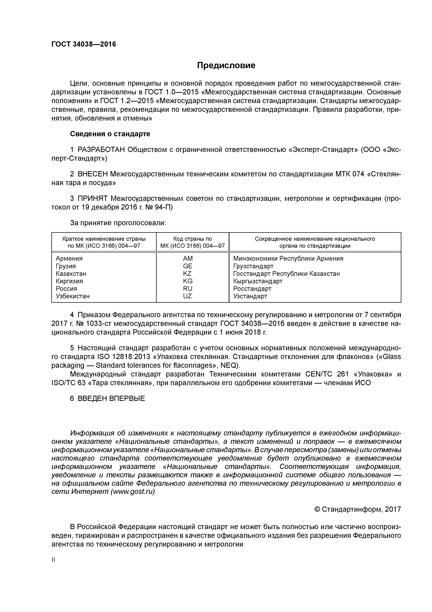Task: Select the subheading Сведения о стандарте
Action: pos(110,134)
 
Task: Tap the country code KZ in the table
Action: pos(187,274)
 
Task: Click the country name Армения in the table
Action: pos(69,258)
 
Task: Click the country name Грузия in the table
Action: pos(66,266)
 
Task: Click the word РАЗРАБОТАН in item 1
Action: pos(101,150)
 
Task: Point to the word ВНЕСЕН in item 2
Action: pos(93,174)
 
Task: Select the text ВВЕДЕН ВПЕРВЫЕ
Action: pos(111,398)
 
